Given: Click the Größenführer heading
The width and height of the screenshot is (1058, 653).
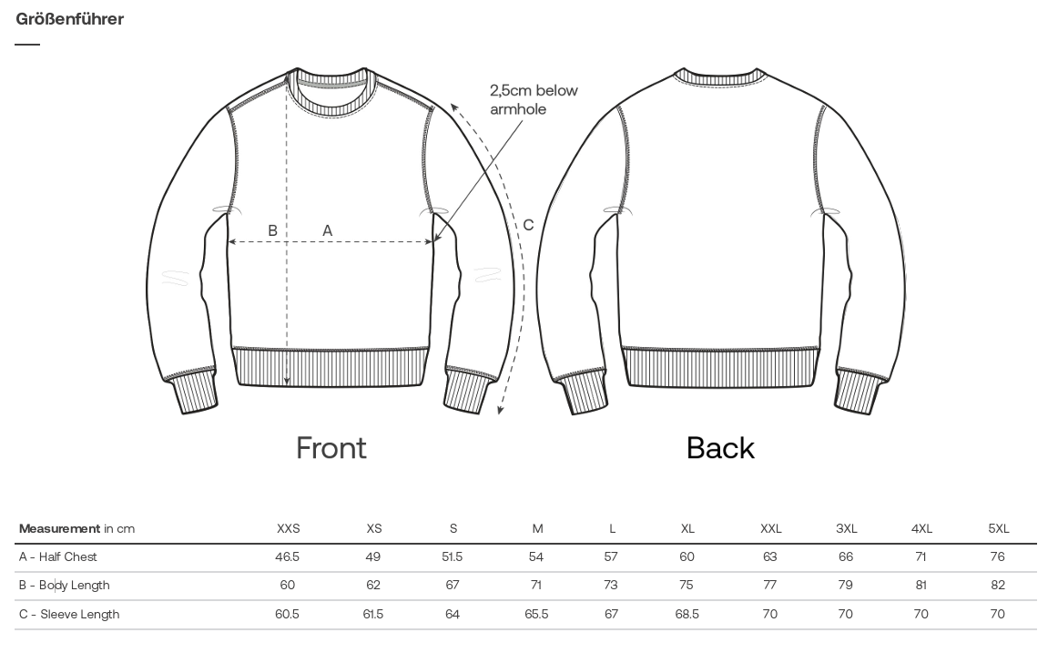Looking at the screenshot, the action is click(69, 19).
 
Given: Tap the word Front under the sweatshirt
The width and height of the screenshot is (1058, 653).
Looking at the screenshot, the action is click(331, 448).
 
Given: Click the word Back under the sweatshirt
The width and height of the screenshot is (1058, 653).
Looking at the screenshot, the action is click(720, 448).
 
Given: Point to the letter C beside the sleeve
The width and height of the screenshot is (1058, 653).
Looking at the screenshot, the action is click(528, 225).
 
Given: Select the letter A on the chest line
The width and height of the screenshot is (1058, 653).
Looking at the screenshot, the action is click(327, 230).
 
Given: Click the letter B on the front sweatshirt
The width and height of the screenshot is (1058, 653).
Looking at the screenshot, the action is click(272, 230).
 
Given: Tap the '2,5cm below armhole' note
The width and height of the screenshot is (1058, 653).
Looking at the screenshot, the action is click(534, 100).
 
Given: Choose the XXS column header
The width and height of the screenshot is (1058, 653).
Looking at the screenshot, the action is click(288, 529).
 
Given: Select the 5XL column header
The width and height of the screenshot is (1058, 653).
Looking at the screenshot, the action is click(999, 529).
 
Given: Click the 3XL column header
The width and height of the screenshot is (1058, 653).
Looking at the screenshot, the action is click(846, 529).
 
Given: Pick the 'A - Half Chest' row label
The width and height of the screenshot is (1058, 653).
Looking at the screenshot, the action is click(58, 557).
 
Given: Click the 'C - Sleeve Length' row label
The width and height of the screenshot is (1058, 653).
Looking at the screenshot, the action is click(69, 615).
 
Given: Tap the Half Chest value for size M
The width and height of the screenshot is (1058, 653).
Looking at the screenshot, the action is click(535, 557).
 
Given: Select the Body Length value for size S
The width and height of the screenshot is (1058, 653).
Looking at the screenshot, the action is click(453, 586).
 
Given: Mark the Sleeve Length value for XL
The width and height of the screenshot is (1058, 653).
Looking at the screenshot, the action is click(687, 615).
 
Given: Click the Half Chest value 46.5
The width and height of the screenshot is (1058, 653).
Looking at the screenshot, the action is click(288, 557).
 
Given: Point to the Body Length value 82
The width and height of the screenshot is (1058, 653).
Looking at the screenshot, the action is click(998, 586).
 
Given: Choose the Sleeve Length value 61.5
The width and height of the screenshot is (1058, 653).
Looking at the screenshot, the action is click(373, 615).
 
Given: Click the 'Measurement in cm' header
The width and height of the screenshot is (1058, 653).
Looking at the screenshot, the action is click(76, 529).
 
